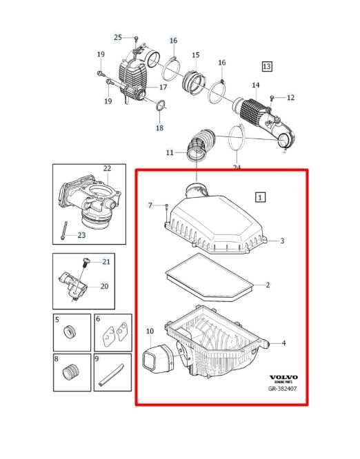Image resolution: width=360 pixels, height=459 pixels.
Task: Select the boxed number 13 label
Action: (266, 66)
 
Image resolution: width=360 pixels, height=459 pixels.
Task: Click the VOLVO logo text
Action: (283, 378)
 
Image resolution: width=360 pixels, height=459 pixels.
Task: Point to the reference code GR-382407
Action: (283, 388)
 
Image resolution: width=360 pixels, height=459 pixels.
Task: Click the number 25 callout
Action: (117, 37)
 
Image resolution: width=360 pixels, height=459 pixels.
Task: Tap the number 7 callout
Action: (150, 205)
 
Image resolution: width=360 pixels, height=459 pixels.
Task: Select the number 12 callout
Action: (290, 98)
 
